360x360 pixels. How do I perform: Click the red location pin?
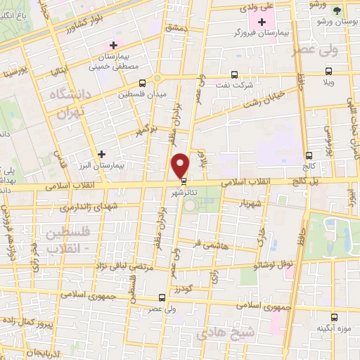click(x=181, y=165)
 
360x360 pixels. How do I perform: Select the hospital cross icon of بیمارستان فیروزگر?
click(x=262, y=23)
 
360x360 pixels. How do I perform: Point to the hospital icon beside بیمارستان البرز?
click(x=102, y=153)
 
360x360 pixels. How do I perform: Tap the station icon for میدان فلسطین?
click(x=142, y=83)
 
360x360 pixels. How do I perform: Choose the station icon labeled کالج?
click(x=308, y=155)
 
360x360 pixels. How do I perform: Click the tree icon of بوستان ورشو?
click(x=338, y=11)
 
